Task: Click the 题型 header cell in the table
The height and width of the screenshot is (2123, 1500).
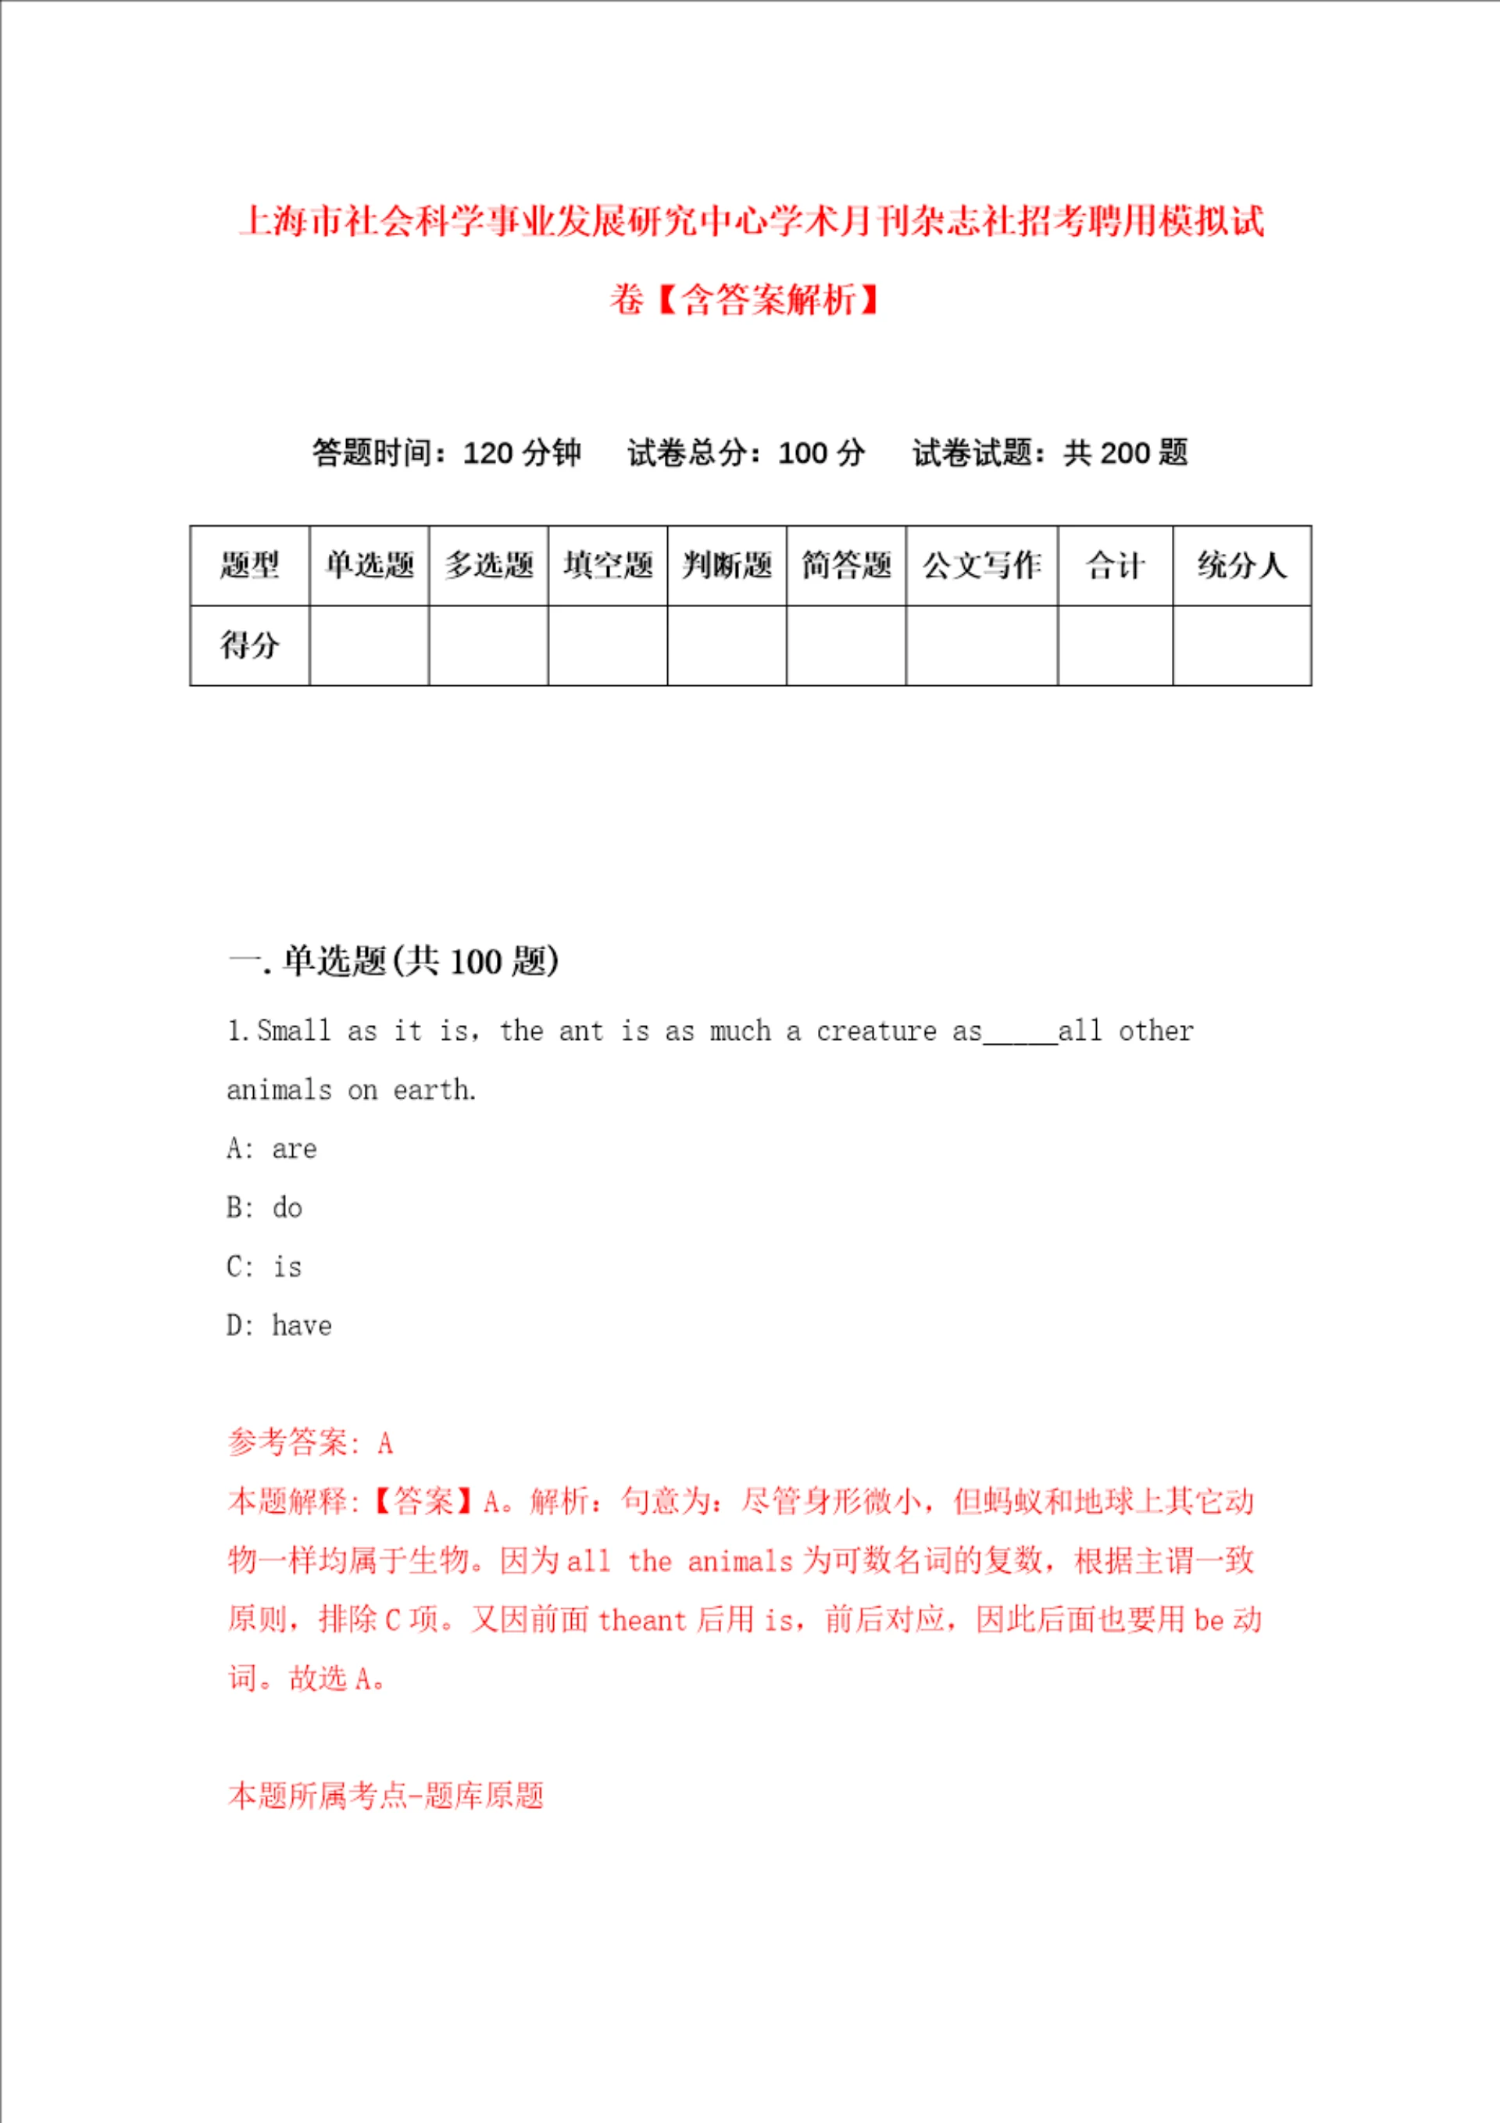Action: [250, 565]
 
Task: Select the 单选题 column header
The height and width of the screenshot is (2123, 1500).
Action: [369, 565]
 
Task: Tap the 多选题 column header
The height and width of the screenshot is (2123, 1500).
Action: [488, 565]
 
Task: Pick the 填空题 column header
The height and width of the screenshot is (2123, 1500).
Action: [608, 565]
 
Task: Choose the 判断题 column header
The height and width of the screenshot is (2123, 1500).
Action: [727, 565]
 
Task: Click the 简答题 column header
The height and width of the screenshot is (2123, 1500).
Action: [846, 565]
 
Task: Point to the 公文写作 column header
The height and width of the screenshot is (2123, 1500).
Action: [981, 565]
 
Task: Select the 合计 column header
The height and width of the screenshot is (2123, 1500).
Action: [1116, 565]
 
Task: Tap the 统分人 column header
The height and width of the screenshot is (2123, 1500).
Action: [1242, 565]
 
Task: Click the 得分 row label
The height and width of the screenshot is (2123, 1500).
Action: [250, 645]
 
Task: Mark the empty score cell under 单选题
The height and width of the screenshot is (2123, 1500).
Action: [369, 645]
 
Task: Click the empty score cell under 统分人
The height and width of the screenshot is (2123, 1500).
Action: [1242, 645]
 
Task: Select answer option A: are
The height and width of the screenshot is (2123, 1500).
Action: [272, 1149]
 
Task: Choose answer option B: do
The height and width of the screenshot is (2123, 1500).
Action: [265, 1207]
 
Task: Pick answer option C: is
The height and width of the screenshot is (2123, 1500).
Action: [265, 1267]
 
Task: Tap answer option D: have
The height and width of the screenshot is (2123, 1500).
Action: [279, 1326]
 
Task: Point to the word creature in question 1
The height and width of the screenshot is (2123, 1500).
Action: [876, 1031]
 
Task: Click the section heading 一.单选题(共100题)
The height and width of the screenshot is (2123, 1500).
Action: [393, 961]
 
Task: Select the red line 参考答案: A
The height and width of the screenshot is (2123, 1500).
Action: [311, 1442]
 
